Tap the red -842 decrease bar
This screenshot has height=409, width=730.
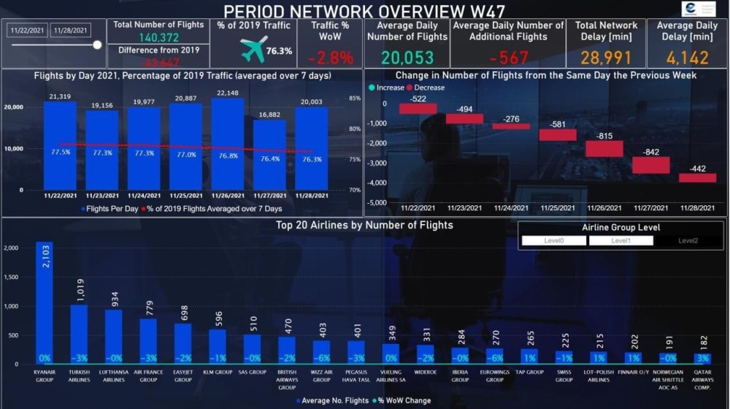coord(650,165)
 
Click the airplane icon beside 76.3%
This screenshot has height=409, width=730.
coord(253,50)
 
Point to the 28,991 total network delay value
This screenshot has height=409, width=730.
coord(605,58)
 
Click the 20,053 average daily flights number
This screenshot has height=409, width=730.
coord(407,58)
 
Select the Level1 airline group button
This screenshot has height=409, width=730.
coord(620,240)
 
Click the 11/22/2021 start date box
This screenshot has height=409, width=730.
coord(28,30)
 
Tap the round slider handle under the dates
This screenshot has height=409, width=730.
coord(97,45)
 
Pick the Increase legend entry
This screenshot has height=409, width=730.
coord(390,88)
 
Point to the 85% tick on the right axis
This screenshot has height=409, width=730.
coord(355,98)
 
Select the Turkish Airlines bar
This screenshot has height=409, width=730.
coord(79,334)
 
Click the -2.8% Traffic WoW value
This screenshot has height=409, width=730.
coord(330,58)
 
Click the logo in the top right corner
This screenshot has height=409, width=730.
coord(699,9)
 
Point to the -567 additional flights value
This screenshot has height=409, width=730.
coord(509,58)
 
